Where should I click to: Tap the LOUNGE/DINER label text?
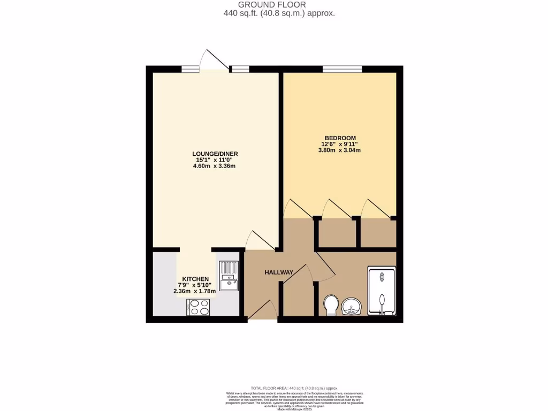tap(215, 154)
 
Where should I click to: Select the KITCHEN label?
tap(195, 279)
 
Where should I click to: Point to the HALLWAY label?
tap(279, 272)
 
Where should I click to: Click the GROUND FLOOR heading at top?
tap(279, 5)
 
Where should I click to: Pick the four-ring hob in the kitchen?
tap(199, 307)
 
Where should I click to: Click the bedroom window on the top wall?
tap(342, 68)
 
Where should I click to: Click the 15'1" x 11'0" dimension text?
tap(215, 160)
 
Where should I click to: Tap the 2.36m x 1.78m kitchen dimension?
tap(194, 292)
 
